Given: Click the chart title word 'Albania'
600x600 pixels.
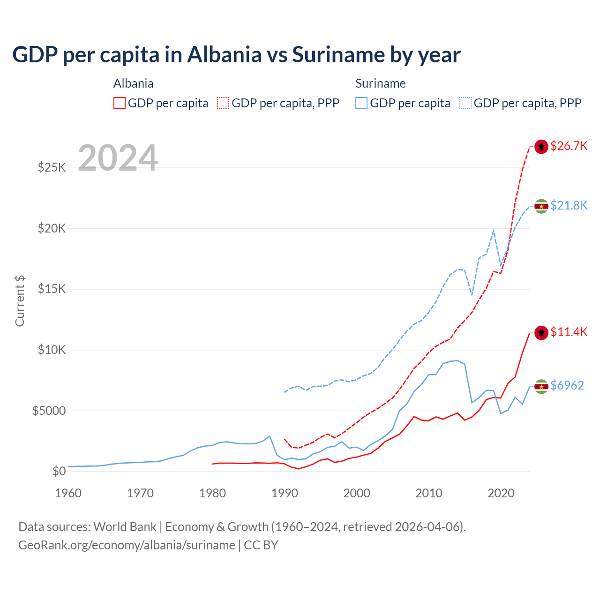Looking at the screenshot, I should pyautogui.click(x=224, y=55).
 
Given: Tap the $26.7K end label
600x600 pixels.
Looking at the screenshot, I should pyautogui.click(x=569, y=146).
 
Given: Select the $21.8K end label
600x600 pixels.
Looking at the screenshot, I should pyautogui.click(x=569, y=206).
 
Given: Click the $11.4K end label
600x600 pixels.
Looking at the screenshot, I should pyautogui.click(x=569, y=332).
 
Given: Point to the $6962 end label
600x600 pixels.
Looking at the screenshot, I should pyautogui.click(x=567, y=386).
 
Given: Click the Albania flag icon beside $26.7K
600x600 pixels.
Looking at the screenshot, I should pyautogui.click(x=541, y=147).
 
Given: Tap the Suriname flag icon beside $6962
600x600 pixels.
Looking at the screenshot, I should pyautogui.click(x=541, y=386).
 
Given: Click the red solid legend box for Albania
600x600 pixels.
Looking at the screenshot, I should pyautogui.click(x=120, y=103).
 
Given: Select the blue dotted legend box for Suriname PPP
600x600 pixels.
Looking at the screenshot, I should pyautogui.click(x=465, y=103).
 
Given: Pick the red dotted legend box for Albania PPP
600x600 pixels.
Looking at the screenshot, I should pyautogui.click(x=223, y=103).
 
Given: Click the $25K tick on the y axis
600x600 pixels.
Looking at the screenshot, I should pyautogui.click(x=52, y=168).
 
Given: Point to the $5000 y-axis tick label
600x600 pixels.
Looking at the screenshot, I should pyautogui.click(x=49, y=411).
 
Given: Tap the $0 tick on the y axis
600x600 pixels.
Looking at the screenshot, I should pyautogui.click(x=59, y=472).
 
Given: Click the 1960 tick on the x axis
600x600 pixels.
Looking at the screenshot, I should pyautogui.click(x=68, y=493).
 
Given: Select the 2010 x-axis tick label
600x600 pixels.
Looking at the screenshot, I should pyautogui.click(x=429, y=493).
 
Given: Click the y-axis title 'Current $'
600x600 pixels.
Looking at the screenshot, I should pyautogui.click(x=20, y=301).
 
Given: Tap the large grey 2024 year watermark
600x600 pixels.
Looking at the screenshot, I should pyautogui.click(x=118, y=158).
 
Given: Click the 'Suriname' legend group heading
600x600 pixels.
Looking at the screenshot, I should pyautogui.click(x=380, y=84).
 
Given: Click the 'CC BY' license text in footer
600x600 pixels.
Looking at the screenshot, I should pyautogui.click(x=261, y=545).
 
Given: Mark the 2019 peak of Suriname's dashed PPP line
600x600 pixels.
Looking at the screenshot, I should pyautogui.click(x=494, y=230).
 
